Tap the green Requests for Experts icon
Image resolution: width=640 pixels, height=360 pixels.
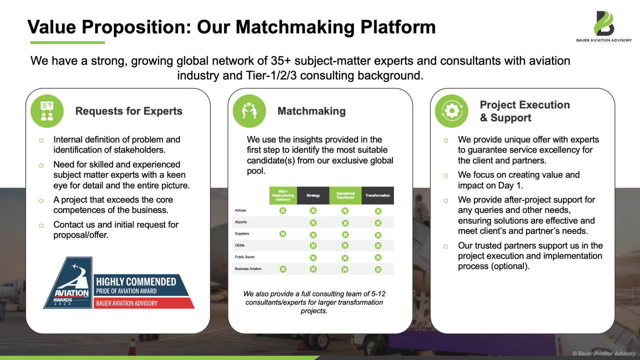tap(47, 111)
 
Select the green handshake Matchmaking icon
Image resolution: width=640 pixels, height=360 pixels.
tap(249, 111)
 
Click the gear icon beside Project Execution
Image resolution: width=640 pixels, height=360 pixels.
tap(451, 111)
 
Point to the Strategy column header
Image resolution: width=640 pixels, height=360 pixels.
tap(313, 195)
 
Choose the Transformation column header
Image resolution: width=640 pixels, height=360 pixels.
tap(377, 195)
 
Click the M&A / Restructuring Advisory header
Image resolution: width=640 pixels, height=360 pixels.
tap(283, 195)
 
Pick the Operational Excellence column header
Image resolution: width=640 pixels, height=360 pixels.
tap(345, 195)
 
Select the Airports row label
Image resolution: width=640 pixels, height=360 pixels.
tap(241, 222)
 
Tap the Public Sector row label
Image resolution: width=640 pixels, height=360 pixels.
tap(245, 257)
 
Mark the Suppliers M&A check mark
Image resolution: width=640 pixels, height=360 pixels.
tap(282, 234)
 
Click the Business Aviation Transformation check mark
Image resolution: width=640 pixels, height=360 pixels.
tap(378, 269)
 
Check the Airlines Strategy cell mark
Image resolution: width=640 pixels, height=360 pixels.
tap(313, 211)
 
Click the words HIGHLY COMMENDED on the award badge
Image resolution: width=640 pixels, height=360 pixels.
tap(136, 282)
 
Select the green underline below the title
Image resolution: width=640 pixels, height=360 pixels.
tap(67, 42)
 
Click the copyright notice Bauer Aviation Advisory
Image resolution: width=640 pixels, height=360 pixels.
tap(603, 353)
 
